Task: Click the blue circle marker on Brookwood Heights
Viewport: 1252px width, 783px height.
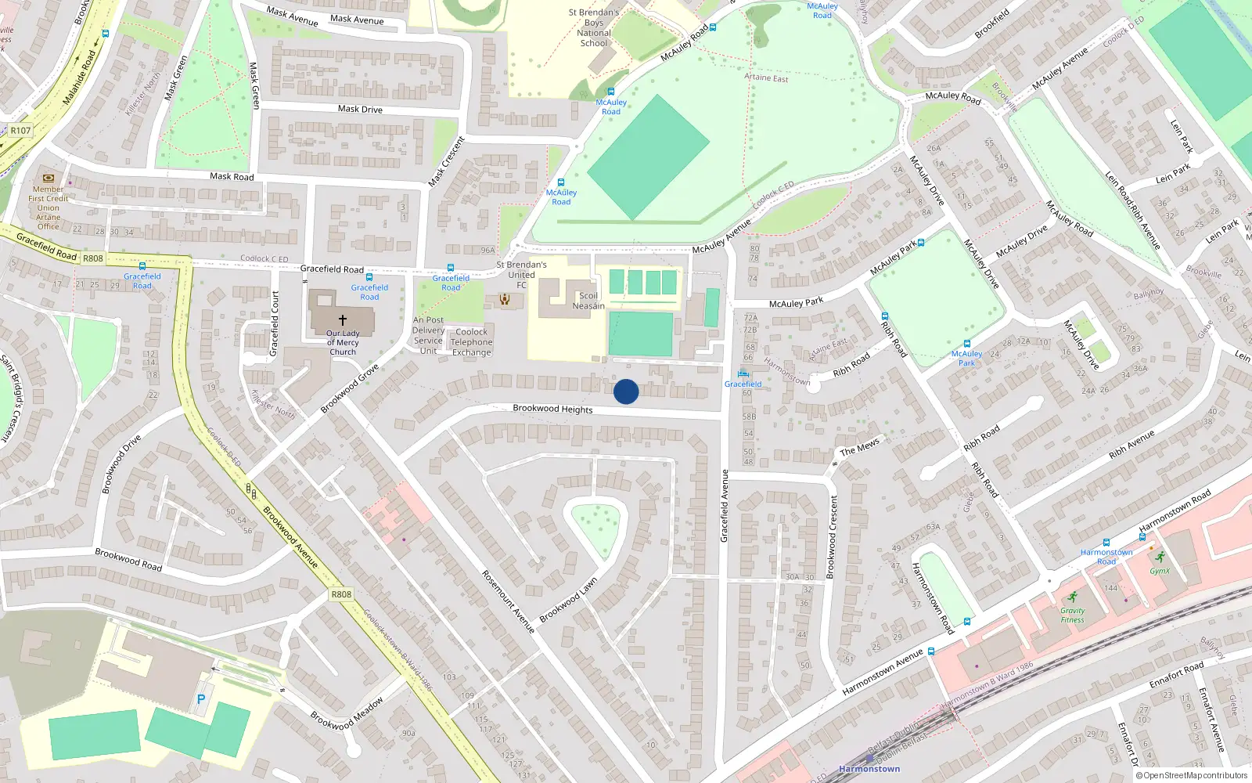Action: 626,391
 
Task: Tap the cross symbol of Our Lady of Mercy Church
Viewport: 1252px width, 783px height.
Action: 342,320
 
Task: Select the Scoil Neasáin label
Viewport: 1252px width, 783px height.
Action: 588,301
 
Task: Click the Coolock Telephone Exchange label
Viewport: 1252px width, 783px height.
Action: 472,342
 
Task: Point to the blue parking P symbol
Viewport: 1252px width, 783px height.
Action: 201,699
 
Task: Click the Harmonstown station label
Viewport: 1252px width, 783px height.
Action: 869,769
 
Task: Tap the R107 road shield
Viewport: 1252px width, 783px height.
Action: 21,131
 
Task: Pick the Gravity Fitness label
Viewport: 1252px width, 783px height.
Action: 1073,615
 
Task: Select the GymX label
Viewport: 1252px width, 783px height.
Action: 1160,571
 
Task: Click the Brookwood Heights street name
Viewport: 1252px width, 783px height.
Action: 552,409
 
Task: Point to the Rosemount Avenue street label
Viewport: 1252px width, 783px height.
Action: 508,601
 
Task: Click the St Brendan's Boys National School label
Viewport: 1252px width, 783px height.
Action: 594,28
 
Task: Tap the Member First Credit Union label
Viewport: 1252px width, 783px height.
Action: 49,207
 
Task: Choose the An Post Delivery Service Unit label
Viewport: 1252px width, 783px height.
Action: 428,335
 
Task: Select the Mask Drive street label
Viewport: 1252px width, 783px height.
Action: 360,109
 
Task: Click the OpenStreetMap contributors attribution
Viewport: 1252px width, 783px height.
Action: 1195,775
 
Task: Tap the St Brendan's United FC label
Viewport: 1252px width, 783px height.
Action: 521,275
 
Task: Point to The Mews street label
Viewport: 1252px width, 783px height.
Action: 859,447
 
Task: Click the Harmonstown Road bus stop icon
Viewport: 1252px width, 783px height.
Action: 1106,543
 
